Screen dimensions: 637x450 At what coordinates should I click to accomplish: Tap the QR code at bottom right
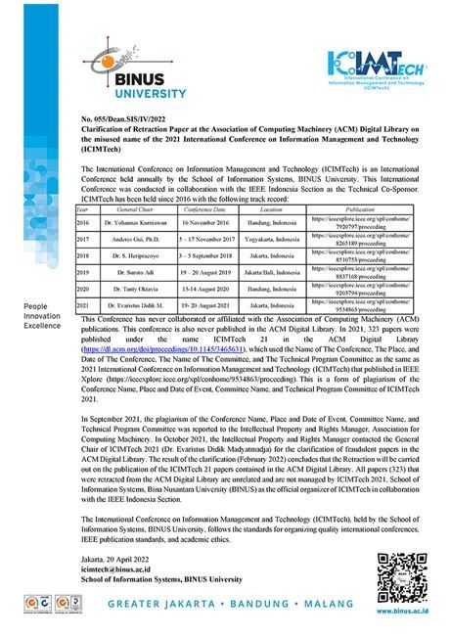pos(400,567)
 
